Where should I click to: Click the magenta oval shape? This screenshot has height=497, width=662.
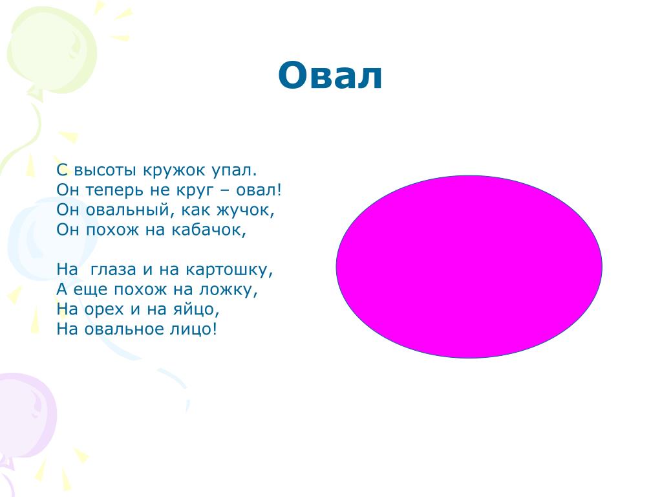(x=469, y=267)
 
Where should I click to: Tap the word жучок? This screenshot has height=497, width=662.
(x=245, y=210)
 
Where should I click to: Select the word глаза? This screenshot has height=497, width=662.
(x=113, y=270)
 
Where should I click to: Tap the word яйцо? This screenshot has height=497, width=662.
(x=197, y=310)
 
